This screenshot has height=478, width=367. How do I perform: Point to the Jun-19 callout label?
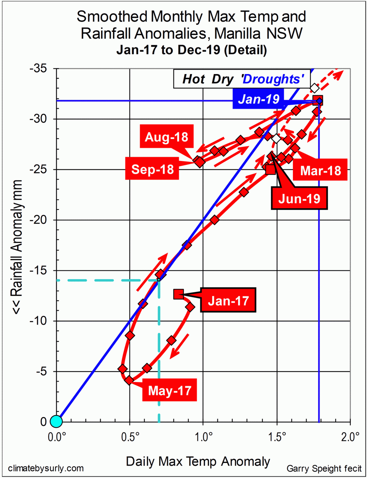[x=299, y=198]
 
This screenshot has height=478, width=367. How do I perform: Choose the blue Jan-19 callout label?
[x=259, y=99]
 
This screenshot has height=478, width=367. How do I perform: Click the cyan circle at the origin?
[x=56, y=421]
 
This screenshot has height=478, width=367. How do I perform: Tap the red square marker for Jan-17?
[x=178, y=294]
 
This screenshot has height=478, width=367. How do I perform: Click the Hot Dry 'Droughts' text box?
[x=242, y=79]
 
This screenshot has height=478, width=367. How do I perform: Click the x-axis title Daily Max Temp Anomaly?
[x=198, y=461]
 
